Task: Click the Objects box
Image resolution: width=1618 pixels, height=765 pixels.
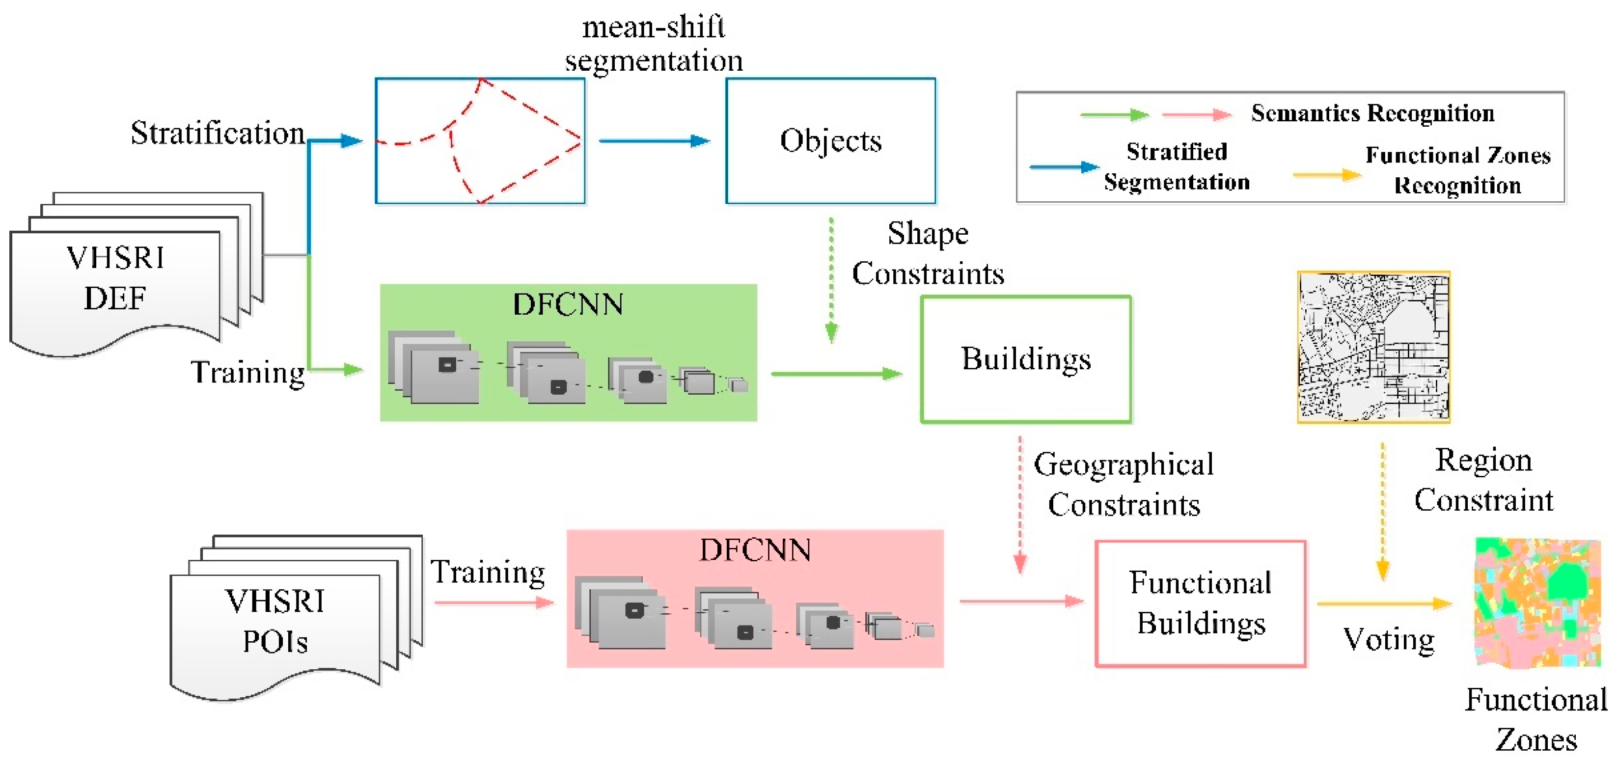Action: coord(830,141)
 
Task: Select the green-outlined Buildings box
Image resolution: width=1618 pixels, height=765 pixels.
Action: coord(1026,359)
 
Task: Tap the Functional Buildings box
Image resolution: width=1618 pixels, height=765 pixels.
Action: coord(1200,603)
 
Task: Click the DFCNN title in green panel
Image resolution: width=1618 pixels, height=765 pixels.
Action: coord(568,304)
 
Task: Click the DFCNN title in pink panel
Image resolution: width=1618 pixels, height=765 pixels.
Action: coord(755,550)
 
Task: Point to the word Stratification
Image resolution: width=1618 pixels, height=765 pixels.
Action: coord(218,133)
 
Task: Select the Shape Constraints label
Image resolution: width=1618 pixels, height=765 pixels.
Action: coord(928,254)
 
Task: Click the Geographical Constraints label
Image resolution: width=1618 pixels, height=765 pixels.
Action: coord(1124,484)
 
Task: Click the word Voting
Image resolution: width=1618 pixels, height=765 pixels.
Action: coord(1389,639)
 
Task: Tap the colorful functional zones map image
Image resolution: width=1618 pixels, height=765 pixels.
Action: coord(1537,603)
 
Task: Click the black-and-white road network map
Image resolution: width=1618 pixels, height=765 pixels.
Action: coord(1373,347)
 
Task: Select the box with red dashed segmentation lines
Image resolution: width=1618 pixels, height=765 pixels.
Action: coord(480,141)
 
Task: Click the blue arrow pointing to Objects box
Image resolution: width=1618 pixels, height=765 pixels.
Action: coord(654,141)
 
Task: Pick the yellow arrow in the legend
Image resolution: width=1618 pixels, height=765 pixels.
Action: coord(1326,175)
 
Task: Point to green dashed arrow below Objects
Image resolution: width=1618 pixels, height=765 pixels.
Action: coord(831,279)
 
